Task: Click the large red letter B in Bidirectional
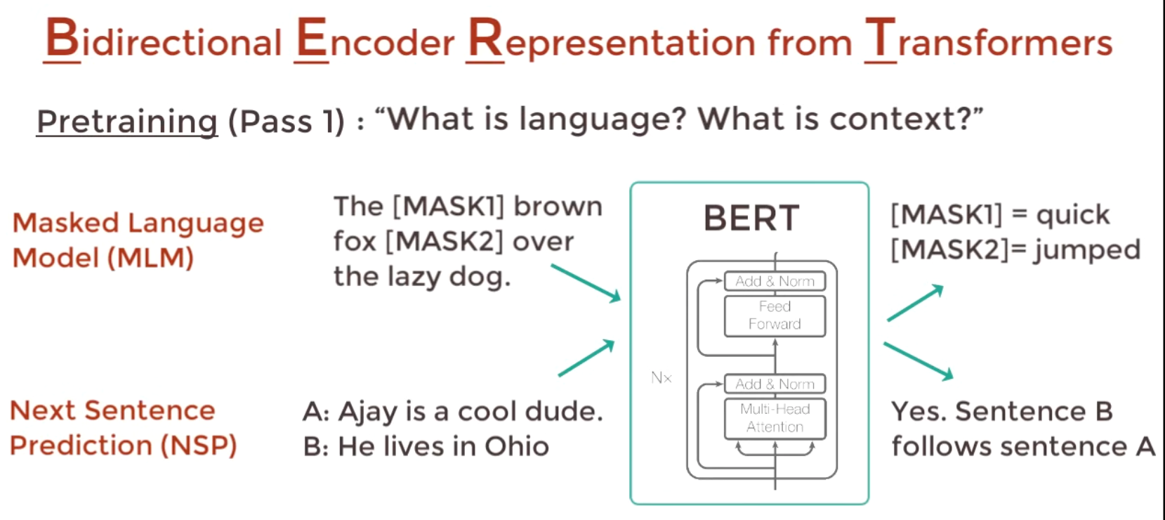(62, 38)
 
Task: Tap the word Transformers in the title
(989, 41)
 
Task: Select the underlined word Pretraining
(127, 121)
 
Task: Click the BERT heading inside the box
(751, 219)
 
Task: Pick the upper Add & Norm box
(775, 281)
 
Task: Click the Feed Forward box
(775, 316)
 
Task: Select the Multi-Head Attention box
(775, 418)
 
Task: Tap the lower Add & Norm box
(775, 384)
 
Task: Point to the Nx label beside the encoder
(661, 378)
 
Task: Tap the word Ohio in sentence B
(516, 447)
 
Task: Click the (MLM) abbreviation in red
(150, 258)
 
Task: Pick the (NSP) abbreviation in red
(199, 446)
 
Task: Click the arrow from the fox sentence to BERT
(586, 283)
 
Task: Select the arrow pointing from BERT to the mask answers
(915, 303)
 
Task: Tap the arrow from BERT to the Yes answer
(918, 361)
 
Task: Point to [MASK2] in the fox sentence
(445, 242)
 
